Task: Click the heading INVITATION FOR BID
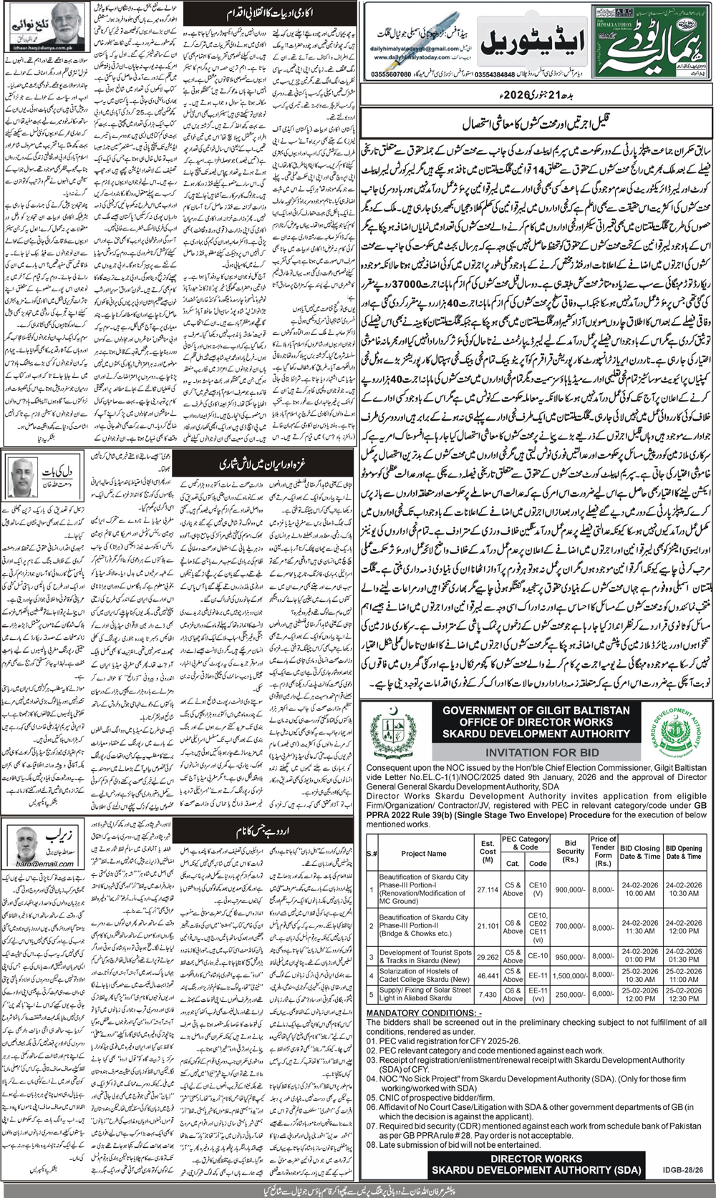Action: (536, 752)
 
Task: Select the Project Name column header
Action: (424, 853)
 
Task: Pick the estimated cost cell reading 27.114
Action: (488, 890)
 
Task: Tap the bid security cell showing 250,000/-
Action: (571, 994)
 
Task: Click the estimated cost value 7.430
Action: (488, 994)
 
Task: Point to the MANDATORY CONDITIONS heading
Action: (424, 1013)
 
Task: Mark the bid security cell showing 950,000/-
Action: (571, 957)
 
